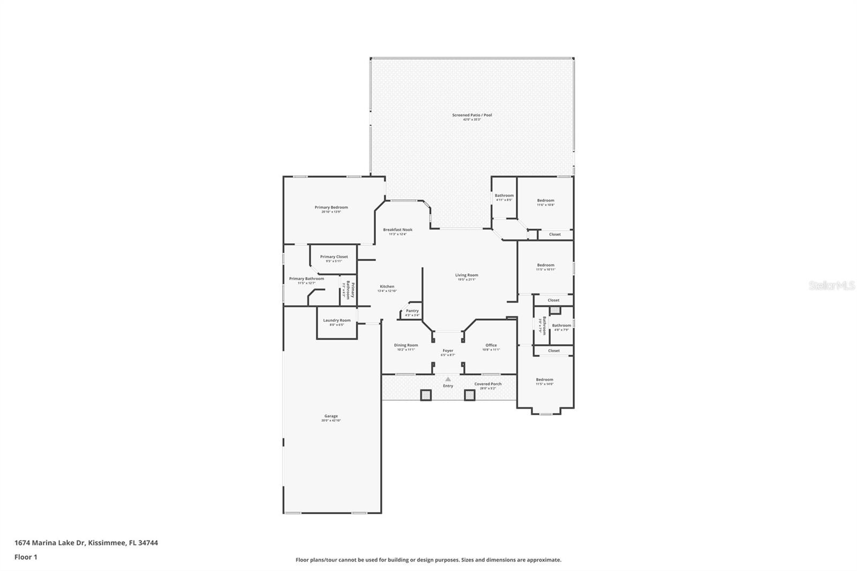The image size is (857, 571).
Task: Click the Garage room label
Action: pyautogui.click(x=331, y=416)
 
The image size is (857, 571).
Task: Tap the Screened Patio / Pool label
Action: pyautogui.click(x=472, y=115)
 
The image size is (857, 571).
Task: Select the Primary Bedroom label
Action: pyautogui.click(x=331, y=207)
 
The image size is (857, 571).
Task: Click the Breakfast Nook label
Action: pyautogui.click(x=397, y=230)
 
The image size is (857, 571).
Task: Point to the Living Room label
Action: pyautogui.click(x=467, y=275)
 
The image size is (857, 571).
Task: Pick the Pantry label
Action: pyautogui.click(x=412, y=311)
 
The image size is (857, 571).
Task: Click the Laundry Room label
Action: pyautogui.click(x=337, y=320)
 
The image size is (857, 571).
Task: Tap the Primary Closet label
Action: pyautogui.click(x=334, y=257)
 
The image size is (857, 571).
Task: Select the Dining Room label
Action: pyautogui.click(x=406, y=345)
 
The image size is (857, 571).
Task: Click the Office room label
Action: pyautogui.click(x=491, y=345)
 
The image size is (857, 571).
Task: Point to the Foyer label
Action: pyautogui.click(x=448, y=351)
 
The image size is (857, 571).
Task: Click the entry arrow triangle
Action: pyautogui.click(x=448, y=379)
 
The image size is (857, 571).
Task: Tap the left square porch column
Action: pyautogui.click(x=425, y=395)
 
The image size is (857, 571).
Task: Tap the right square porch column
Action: pyautogui.click(x=469, y=395)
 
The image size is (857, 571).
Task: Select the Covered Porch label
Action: pyautogui.click(x=488, y=384)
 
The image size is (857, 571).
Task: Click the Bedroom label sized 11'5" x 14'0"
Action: pyautogui.click(x=545, y=380)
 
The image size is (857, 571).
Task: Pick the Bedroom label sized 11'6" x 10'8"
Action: pyautogui.click(x=546, y=201)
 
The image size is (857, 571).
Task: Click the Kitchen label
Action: pyautogui.click(x=387, y=287)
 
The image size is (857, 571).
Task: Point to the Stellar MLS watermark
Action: pyautogui.click(x=832, y=286)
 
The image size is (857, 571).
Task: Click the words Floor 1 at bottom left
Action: pyautogui.click(x=26, y=557)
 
